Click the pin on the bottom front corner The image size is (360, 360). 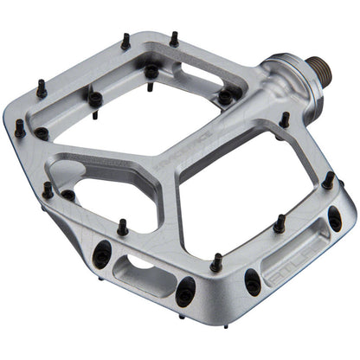click(215, 260)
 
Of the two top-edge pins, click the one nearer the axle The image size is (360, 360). click(173, 39)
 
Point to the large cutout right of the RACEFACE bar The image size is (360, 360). click(251, 190)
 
